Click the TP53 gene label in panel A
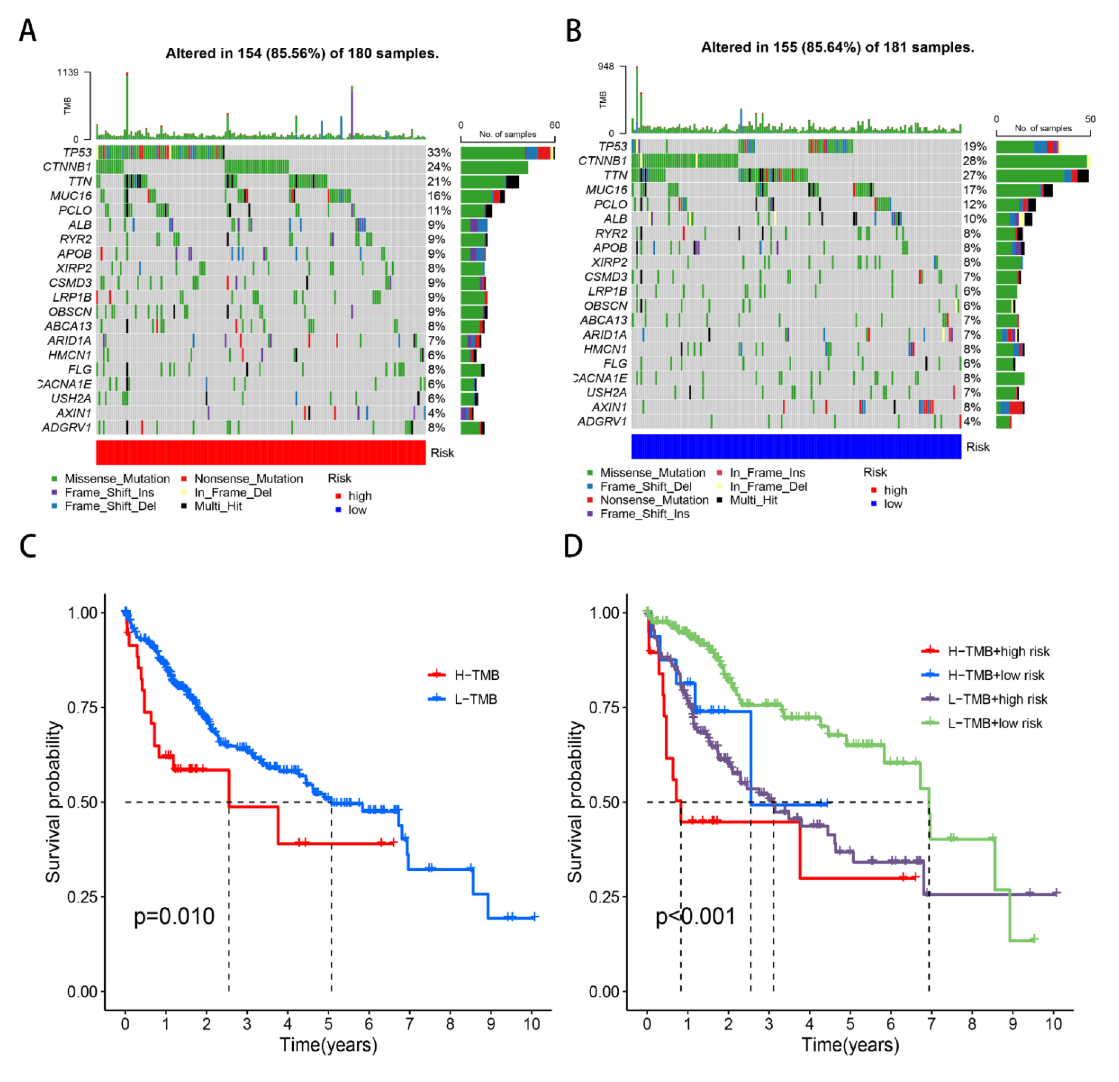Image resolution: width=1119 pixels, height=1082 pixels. [x=77, y=153]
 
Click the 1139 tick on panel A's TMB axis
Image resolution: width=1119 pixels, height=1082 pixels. [x=67, y=72]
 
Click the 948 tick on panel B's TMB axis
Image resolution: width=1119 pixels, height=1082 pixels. [x=606, y=67]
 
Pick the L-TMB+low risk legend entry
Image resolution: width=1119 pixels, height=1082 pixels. [x=995, y=723]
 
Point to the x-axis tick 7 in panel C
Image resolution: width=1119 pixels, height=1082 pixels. [x=409, y=1024]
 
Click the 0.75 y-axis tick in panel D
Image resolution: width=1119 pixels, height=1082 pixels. [x=604, y=707]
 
